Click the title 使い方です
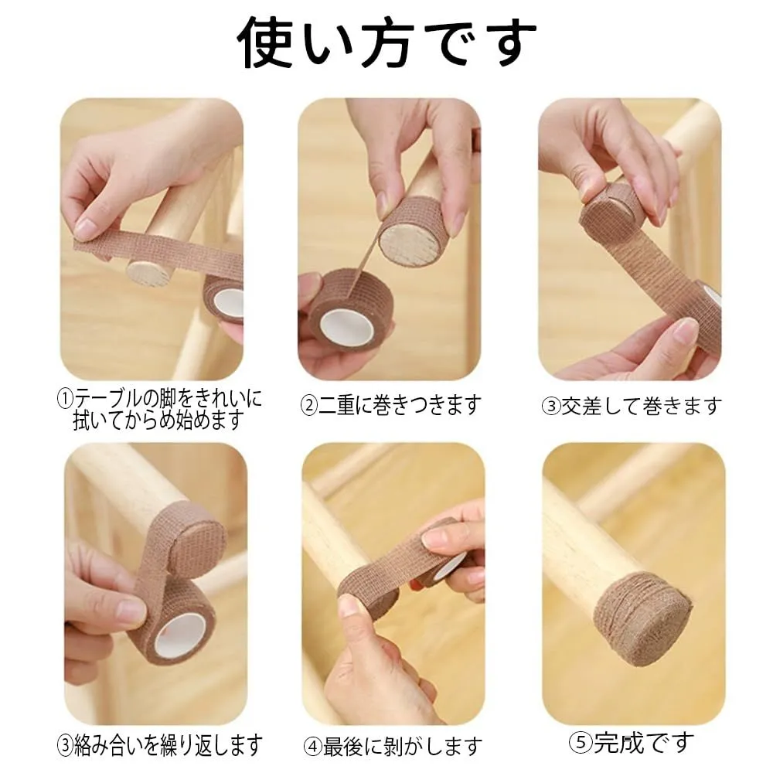click(387, 43)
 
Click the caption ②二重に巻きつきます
click(390, 405)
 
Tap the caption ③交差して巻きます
click(632, 406)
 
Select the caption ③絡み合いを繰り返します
click(160, 745)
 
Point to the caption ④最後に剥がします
click(393, 747)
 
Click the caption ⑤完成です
click(632, 742)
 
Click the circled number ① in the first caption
click(65, 398)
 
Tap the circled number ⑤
click(577, 742)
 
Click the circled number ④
click(312, 747)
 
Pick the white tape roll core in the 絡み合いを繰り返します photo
click(180, 632)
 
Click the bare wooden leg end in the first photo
click(146, 271)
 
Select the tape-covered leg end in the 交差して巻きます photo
click(608, 213)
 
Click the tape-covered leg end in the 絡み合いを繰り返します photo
click(196, 539)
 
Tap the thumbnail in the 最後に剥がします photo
click(353, 604)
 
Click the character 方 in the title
click(387, 43)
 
